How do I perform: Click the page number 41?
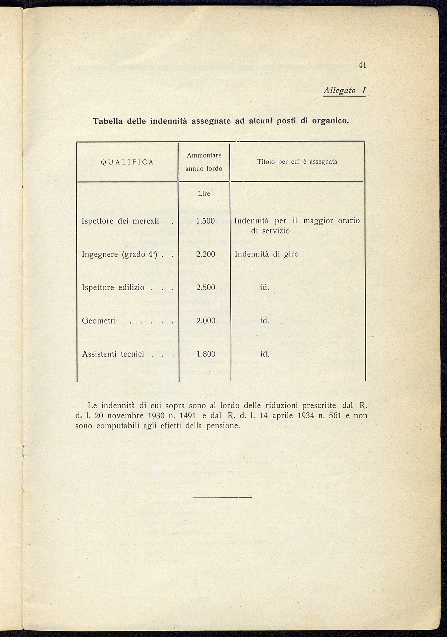coord(362,65)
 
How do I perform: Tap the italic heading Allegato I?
coord(344,91)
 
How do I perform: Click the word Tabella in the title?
coord(108,121)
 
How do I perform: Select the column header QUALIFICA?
coord(127,162)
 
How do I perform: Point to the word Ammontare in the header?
coord(204,155)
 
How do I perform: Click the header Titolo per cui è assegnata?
coord(297,162)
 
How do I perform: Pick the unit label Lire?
coord(204,193)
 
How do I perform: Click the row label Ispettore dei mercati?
coord(120,221)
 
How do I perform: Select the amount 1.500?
coord(205,221)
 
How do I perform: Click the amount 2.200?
coord(205,254)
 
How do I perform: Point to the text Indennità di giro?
coord(266,254)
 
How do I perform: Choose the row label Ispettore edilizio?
coord(113,288)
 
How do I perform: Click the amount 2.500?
coord(205,288)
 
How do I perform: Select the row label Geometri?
coord(99,321)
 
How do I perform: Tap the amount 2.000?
coord(205,321)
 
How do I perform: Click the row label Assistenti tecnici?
coord(113,354)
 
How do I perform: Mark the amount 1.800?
coord(205,354)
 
